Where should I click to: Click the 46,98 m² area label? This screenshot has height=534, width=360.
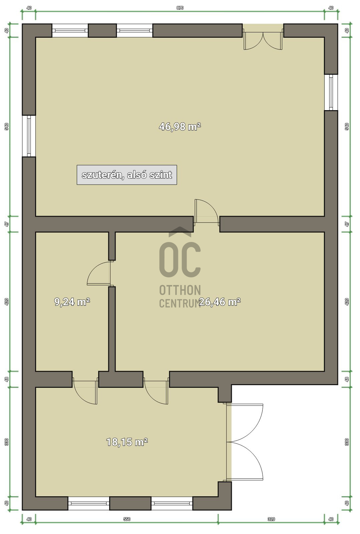pyautogui.click(x=180, y=127)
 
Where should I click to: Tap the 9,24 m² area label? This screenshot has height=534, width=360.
pyautogui.click(x=72, y=302)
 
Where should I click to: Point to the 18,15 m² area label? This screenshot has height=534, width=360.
pyautogui.click(x=127, y=442)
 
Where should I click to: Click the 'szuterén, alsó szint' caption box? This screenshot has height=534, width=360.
pyautogui.click(x=127, y=175)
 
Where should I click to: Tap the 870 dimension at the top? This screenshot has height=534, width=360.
pyautogui.click(x=180, y=8)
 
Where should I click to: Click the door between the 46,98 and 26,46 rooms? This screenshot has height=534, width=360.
pyautogui.click(x=206, y=212)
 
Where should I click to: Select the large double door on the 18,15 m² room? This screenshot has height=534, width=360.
pyautogui.click(x=245, y=442)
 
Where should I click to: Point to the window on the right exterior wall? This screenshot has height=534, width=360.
pyautogui.click(x=331, y=92)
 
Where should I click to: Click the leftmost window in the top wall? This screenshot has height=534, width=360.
pyautogui.click(x=70, y=30)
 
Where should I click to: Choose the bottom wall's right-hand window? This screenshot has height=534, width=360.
pyautogui.click(x=172, y=503)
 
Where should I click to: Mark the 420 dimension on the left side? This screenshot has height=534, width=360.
pyautogui.click(x=7, y=302)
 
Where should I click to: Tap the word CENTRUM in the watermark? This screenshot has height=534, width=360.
pyautogui.click(x=180, y=303)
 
